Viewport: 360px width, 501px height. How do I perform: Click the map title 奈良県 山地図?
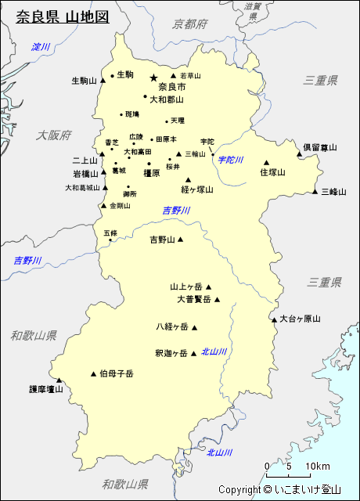point(63,16)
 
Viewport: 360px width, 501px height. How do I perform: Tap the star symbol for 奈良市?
point(153,77)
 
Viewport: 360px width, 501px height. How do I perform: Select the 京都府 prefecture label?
point(191,24)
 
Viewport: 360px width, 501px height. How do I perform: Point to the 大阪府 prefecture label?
point(53,135)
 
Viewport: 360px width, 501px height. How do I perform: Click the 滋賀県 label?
point(253,10)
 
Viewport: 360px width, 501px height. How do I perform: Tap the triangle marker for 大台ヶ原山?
point(274,319)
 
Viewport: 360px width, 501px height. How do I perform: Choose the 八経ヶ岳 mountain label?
point(172,327)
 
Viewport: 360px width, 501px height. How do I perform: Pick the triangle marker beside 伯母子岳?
point(94,373)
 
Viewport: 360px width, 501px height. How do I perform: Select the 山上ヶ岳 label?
point(186,287)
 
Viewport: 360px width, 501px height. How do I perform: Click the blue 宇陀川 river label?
point(231,160)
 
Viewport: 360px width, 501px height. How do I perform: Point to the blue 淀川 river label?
point(41,48)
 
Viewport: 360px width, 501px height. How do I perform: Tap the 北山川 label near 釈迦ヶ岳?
point(214,352)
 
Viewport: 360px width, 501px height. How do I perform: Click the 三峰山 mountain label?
point(333,191)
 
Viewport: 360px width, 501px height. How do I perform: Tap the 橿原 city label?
point(151,173)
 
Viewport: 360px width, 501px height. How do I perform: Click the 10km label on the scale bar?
point(317,467)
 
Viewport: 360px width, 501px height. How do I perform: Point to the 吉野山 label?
point(163,240)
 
